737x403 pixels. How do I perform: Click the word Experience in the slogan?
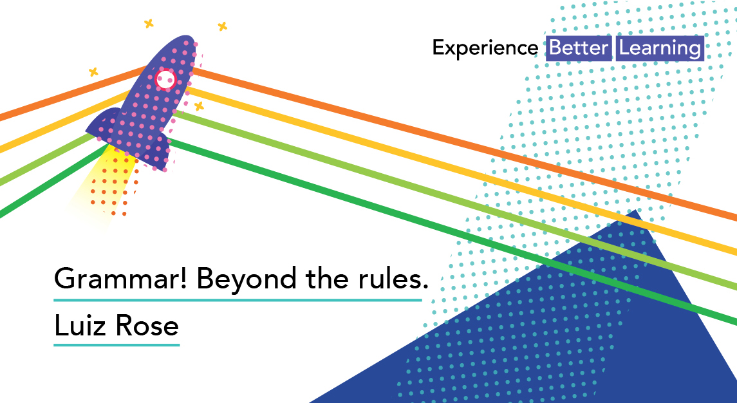[485, 48]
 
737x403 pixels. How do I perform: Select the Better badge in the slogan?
[579, 48]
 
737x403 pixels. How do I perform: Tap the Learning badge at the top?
[660, 48]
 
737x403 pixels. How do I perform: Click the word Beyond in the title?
[247, 279]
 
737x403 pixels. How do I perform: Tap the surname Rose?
[147, 325]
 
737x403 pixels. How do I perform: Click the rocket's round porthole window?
[165, 79]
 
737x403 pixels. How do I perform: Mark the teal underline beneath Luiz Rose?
[117, 344]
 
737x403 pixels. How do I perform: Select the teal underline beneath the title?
[238, 299]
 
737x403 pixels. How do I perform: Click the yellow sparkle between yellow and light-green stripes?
[199, 106]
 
